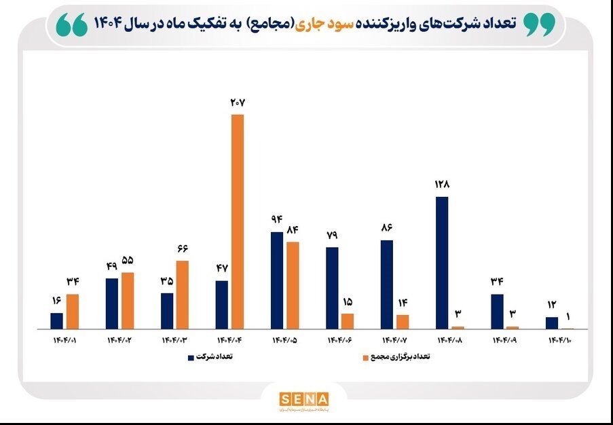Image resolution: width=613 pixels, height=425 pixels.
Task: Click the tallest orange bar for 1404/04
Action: click(237, 221)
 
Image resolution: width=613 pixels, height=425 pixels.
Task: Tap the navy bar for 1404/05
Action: click(277, 280)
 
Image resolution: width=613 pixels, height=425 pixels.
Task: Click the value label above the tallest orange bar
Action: click(237, 103)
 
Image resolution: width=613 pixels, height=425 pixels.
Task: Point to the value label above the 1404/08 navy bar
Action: click(443, 184)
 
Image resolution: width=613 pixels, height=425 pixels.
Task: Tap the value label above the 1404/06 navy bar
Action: click(332, 235)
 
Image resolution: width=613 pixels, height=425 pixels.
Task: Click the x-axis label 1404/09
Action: click(504, 340)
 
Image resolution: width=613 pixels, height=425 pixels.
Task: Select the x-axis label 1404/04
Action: click(229, 340)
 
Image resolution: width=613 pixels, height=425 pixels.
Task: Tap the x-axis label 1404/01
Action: click(64, 340)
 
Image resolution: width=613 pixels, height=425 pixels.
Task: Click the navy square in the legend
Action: click(191, 356)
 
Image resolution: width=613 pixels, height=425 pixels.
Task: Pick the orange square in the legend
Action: click(366, 356)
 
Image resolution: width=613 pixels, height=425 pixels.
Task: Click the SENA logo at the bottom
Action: click(303, 399)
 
